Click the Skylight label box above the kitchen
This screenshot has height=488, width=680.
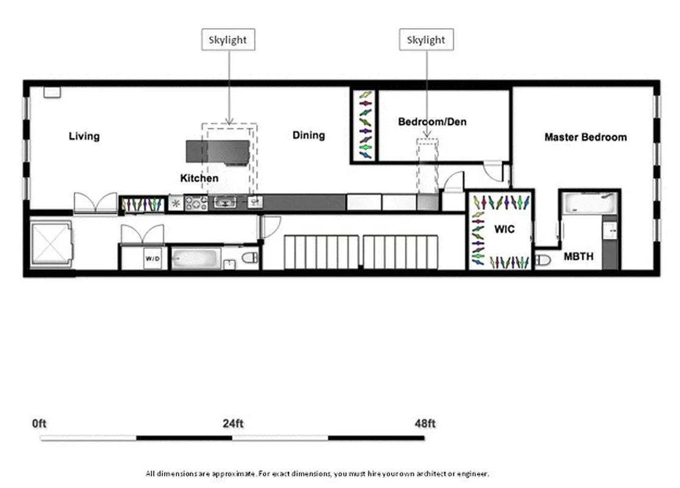(x=228, y=40)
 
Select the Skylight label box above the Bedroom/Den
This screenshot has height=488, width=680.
(x=426, y=40)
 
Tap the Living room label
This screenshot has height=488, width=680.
(x=84, y=136)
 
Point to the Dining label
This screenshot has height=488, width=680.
(x=309, y=135)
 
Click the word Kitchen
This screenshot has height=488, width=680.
(x=199, y=178)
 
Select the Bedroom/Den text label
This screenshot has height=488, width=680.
(x=432, y=121)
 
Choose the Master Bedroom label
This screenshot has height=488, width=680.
(x=585, y=137)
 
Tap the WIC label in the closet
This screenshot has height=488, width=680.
(x=504, y=230)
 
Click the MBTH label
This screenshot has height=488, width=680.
(x=578, y=257)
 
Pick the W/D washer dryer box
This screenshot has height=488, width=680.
(x=152, y=259)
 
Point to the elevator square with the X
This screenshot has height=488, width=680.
(x=51, y=244)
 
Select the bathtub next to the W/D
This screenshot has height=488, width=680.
(x=194, y=259)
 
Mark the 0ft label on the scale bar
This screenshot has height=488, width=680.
(x=40, y=423)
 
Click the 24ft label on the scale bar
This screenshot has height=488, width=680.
(x=232, y=423)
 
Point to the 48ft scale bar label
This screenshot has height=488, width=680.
(x=424, y=423)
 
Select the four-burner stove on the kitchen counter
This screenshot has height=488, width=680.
(x=196, y=203)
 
